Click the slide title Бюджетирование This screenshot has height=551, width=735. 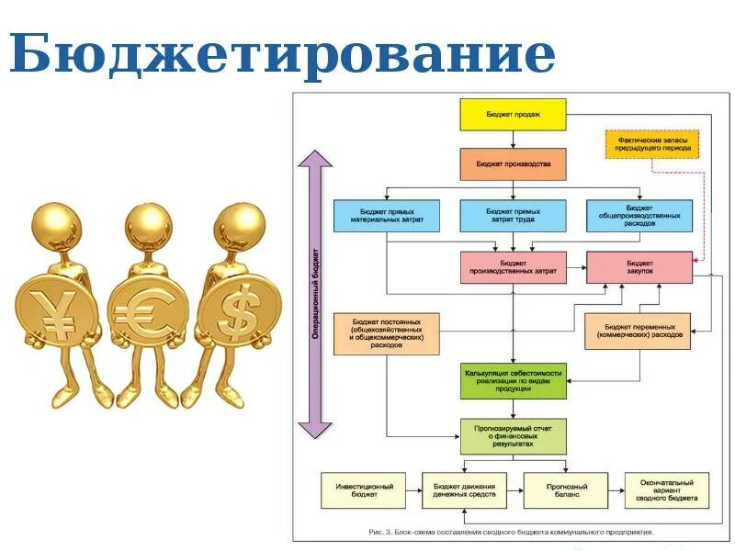[x=283, y=55]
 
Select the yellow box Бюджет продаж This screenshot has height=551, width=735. [x=513, y=114]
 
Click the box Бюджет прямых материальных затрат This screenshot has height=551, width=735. [x=386, y=216]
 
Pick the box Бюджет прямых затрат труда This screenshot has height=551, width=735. [x=513, y=216]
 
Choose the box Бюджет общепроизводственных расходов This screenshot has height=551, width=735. [x=639, y=216]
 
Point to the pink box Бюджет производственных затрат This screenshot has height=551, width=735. [x=513, y=266]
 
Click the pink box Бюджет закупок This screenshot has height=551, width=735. [x=639, y=266]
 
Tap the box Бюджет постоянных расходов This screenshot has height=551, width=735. [x=386, y=332]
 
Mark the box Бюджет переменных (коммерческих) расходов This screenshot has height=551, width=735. [x=639, y=331]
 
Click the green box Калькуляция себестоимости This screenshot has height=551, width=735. [x=513, y=380]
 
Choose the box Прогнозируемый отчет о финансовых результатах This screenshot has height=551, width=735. [x=513, y=435]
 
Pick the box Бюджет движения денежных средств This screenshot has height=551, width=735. [x=464, y=490]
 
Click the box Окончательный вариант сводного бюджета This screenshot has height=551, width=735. [x=666, y=490]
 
